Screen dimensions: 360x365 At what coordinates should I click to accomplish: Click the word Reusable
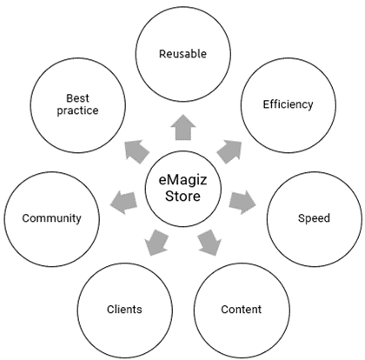coord(182,54)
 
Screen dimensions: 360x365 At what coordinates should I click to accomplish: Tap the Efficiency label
coord(288,105)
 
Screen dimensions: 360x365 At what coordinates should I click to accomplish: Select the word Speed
coord(314,217)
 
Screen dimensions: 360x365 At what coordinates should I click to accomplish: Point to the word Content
coord(241,309)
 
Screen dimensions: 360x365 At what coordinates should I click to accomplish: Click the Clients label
coord(124,309)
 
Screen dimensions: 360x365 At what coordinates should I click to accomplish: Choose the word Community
coord(51,217)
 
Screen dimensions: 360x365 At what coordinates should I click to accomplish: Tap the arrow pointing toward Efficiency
coord(229,150)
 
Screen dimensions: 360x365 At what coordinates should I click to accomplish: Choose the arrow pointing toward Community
coord(125,202)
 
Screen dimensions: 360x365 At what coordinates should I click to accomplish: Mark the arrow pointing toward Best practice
coord(136,151)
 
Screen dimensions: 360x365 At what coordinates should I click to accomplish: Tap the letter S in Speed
coord(301,217)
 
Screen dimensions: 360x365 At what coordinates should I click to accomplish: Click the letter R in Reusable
coord(163,54)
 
